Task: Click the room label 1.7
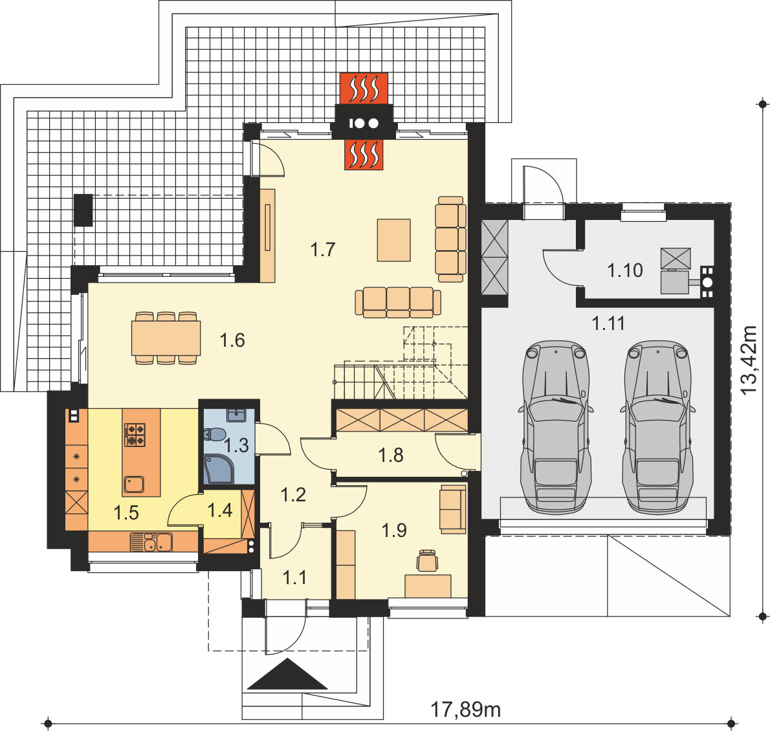(323, 250)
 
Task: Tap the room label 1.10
(624, 270)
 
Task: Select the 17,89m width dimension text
(465, 710)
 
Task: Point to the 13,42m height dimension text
(749, 360)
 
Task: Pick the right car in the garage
(658, 426)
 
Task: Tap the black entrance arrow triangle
(287, 674)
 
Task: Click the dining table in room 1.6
(166, 338)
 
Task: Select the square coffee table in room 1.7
(394, 240)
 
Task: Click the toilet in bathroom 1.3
(215, 435)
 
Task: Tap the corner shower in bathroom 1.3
(219, 470)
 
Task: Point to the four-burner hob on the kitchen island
(135, 435)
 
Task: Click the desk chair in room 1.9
(427, 561)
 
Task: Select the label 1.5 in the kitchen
(126, 513)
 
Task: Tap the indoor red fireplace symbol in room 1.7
(364, 155)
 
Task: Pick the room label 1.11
(608, 323)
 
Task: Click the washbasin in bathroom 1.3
(237, 415)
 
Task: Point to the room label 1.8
(391, 455)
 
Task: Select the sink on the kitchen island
(133, 485)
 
